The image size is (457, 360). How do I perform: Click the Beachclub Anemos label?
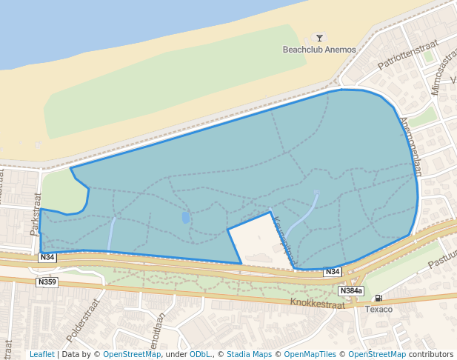point(319,50)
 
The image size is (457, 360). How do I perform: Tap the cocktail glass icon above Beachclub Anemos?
point(319,38)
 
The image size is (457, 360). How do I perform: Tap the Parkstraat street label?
point(35,214)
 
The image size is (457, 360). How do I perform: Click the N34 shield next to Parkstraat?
point(47,257)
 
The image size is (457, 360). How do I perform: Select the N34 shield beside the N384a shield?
point(333,272)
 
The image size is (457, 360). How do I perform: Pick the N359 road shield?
point(47,281)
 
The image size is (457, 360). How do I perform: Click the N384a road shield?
point(351,290)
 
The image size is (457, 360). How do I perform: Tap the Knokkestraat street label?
point(319,302)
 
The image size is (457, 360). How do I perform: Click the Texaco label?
point(378,309)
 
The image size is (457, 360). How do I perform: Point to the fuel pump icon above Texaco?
point(378,298)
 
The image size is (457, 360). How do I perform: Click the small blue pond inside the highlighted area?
point(184,218)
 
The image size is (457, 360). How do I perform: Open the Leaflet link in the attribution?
point(41,354)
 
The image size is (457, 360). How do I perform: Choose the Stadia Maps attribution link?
point(249,354)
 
